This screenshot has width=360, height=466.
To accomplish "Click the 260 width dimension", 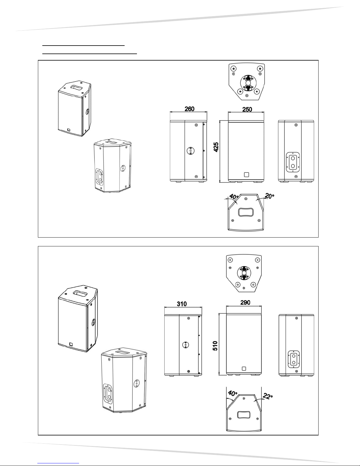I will point(189,109).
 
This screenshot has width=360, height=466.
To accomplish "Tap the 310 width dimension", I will point(182,304).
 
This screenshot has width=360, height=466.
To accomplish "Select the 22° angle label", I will point(267,397).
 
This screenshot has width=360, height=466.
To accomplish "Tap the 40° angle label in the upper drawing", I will point(234,196).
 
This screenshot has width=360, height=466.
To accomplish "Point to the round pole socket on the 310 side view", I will point(185,345).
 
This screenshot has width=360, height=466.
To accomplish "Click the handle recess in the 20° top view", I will point(246,212).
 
